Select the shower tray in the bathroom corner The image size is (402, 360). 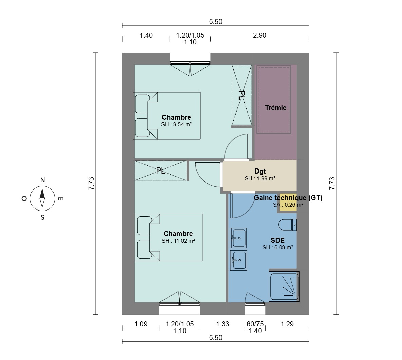pos(284,286)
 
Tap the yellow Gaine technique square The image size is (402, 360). pos(288,202)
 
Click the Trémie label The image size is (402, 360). pos(275,108)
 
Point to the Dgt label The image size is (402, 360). pos(260,171)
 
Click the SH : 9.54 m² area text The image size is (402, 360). pos(177,124)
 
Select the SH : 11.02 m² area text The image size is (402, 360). pos(178,241)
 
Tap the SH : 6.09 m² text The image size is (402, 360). pos(277,247)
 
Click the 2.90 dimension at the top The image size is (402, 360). pos(260,35)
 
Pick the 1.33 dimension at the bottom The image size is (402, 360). pos(223,324)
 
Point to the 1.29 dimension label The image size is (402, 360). pos(287,324)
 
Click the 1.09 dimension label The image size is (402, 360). pos(141,324)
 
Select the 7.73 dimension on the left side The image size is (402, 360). pos(91,183)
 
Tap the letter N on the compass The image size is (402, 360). pos(42,180)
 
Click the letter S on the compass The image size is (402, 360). pos(42,217)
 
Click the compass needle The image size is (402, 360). pos(42,198)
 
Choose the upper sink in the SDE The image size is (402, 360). pos(238,238)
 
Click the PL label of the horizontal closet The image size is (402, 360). pos(161,171)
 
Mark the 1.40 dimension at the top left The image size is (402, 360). pos(146,35)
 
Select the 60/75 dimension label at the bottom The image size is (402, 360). pos(255,324)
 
